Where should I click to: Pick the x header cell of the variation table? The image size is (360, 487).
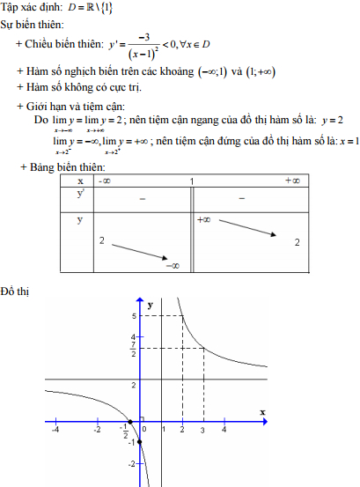80,181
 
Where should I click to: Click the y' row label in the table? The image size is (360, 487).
81,195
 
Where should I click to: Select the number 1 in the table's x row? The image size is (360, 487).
191,181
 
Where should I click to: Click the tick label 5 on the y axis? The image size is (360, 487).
134,315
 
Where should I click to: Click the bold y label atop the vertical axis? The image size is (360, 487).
151,304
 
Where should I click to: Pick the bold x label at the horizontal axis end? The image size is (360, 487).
262,412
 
